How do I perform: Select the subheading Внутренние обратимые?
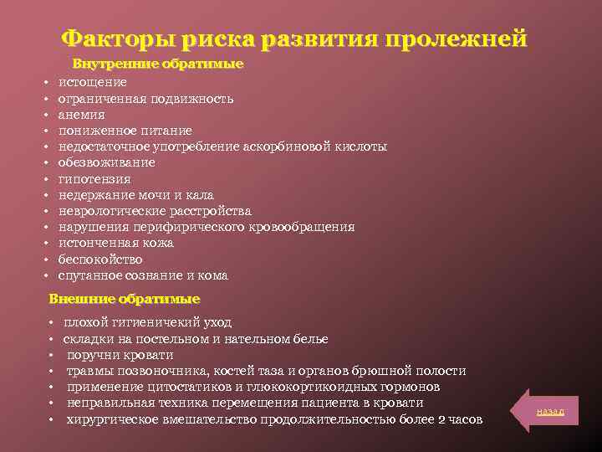(158, 64)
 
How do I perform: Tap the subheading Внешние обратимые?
(125, 299)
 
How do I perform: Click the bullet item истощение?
(93, 82)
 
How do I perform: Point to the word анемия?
(81, 115)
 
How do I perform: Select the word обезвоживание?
(106, 162)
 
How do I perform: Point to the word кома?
(213, 275)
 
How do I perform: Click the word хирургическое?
(115, 419)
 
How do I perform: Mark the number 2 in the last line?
(442, 419)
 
